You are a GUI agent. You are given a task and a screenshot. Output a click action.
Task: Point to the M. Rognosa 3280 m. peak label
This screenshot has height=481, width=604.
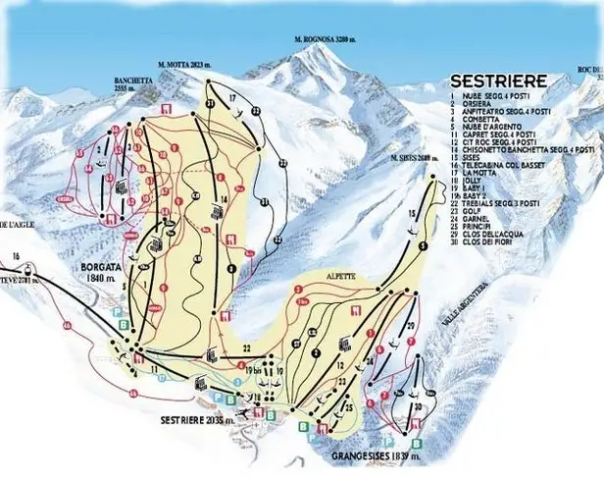click(327, 40)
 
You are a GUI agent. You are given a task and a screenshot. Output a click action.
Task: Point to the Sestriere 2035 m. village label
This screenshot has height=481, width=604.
click(197, 419)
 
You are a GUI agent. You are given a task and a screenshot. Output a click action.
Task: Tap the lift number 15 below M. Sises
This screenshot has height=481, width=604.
click(412, 212)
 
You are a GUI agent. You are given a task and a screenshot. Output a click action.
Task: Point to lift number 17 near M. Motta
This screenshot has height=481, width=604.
click(233, 99)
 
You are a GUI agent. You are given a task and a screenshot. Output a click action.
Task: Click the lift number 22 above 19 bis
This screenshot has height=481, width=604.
click(247, 347)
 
